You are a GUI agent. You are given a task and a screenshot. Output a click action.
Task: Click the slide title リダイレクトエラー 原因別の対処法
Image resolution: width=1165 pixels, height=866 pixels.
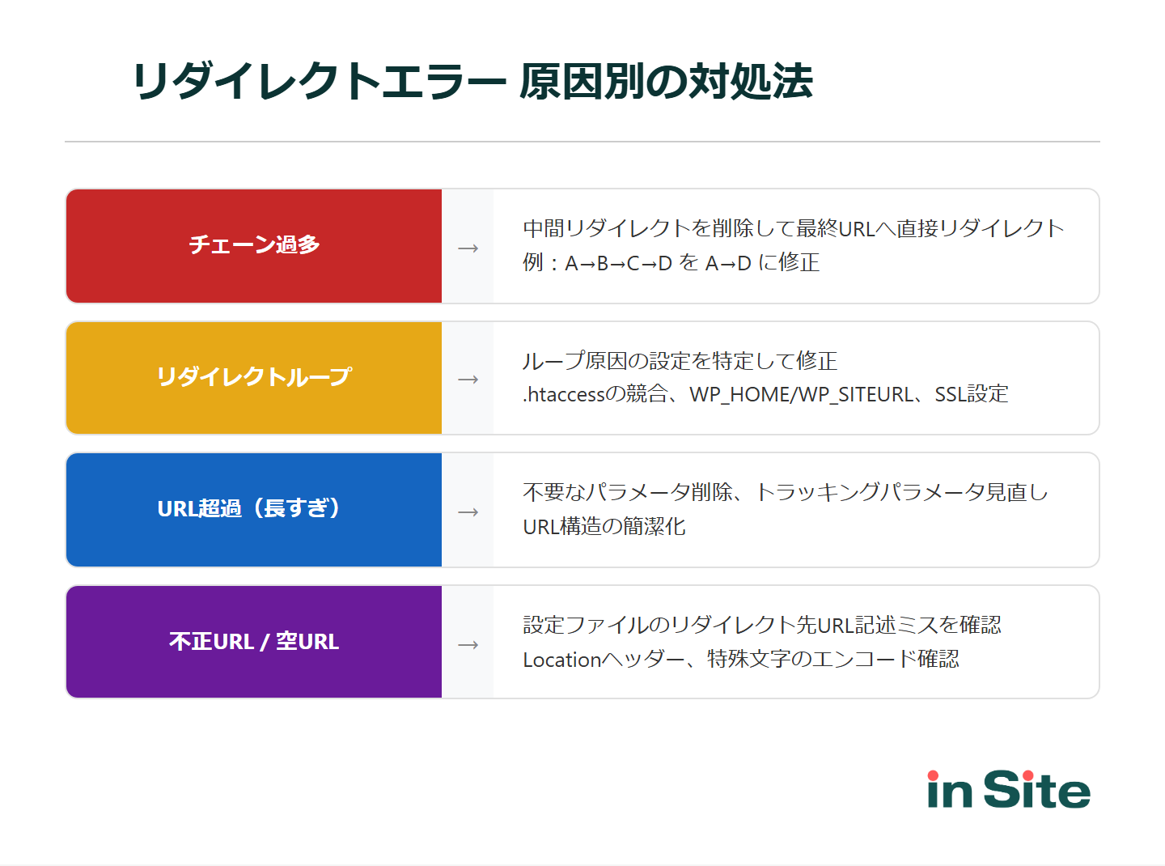pos(472,82)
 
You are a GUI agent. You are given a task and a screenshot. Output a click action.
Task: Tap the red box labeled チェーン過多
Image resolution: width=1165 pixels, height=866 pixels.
pos(254,246)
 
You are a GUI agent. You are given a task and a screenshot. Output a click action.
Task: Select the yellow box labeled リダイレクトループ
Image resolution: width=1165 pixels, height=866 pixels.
pos(254,378)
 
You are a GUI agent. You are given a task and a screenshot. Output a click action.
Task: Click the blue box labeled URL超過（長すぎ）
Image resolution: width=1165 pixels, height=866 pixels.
pos(254,510)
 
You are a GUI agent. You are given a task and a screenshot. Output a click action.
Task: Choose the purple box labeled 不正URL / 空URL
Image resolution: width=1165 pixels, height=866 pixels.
pos(254,642)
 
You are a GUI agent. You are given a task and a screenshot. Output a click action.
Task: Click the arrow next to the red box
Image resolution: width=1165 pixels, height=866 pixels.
pos(468,248)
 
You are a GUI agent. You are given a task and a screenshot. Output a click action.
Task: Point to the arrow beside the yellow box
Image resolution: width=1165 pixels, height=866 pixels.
pos(468,379)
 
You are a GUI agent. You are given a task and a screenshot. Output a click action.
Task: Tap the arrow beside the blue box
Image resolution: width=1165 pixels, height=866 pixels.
pos(468,512)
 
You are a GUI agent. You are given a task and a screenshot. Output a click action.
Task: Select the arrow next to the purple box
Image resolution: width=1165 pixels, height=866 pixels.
pos(468,644)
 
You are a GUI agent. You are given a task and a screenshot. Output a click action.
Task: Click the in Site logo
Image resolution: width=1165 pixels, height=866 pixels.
pos(1008,790)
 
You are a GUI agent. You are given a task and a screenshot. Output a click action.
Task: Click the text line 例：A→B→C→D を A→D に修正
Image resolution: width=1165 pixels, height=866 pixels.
pos(671,263)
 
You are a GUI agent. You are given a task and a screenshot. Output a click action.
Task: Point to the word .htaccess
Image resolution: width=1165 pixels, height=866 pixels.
pos(564,395)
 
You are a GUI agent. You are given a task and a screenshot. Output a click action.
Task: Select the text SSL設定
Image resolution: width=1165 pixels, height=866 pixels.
pos(972,395)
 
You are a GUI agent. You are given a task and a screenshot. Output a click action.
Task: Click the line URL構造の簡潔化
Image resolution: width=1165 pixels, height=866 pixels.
pos(604,527)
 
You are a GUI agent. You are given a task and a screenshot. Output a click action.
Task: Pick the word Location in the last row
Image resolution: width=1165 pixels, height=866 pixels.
pos(561,660)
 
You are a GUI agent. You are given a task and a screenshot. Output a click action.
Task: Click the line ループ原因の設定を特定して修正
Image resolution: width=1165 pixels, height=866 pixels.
pos(680,361)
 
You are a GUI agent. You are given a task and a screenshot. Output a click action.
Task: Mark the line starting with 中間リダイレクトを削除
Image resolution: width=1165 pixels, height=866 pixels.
pos(793,229)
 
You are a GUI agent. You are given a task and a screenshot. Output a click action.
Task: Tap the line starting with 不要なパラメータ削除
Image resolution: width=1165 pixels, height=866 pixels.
pos(785,493)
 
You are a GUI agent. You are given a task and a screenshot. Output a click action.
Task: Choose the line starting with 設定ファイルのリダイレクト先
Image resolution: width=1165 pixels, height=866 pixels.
pos(762,626)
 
